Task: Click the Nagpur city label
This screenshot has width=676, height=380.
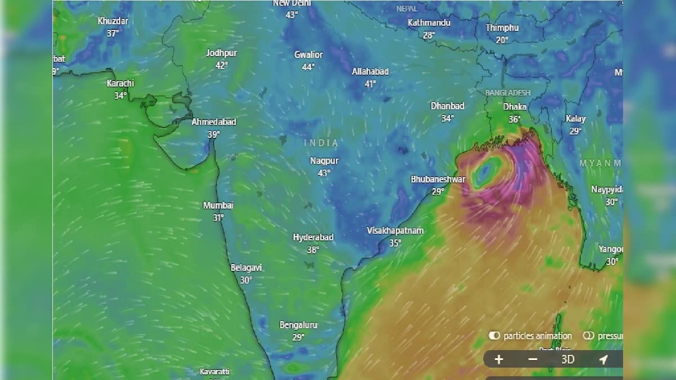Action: [324, 161]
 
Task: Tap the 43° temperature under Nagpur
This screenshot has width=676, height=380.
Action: [324, 173]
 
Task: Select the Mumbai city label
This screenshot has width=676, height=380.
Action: [218, 205]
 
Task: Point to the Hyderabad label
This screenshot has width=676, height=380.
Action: [313, 238]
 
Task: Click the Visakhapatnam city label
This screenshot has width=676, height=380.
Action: [395, 231]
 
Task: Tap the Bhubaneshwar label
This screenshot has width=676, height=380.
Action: [438, 179]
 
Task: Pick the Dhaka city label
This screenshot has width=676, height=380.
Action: [515, 106]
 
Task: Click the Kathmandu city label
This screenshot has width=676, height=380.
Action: [429, 23]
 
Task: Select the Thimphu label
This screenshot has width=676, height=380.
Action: [502, 28]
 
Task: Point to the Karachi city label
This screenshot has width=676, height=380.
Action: [121, 83]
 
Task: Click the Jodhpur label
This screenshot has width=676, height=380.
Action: [221, 53]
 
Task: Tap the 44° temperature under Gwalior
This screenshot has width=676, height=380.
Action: [308, 67]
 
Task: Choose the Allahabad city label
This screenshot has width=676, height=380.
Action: [370, 71]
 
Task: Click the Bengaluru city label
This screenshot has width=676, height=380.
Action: [299, 325]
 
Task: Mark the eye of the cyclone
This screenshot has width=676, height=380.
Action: [485, 171]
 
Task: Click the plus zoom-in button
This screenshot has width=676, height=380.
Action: [499, 359]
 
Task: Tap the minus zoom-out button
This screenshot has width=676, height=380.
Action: [533, 359]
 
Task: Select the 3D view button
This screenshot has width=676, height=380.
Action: [568, 359]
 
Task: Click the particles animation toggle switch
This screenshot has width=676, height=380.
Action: [495, 336]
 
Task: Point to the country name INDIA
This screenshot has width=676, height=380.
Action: [322, 143]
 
